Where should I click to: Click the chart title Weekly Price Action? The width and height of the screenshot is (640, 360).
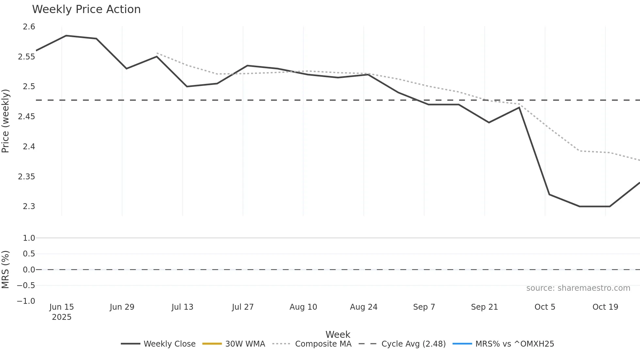pos(86,9)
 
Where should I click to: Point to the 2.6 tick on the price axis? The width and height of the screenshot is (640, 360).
pos(29,27)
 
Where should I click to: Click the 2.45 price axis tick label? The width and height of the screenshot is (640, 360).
pos(26,117)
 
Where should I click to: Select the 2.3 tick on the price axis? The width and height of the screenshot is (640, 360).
pos(29,206)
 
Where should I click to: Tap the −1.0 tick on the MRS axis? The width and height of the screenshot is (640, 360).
pos(26,301)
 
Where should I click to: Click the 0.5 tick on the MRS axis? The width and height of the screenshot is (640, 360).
pos(29,254)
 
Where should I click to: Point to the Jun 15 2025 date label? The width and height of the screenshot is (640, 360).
pos(62,312)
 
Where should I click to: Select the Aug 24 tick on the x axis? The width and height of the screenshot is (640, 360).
pos(363,307)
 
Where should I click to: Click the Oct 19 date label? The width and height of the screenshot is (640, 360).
pos(605,307)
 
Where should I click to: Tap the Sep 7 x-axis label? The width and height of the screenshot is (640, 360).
pos(424,307)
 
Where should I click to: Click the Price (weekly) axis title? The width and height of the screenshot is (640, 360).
pos(6,121)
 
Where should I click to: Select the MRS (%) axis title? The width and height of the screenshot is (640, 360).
pos(6,270)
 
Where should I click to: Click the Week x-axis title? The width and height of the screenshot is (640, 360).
pos(338,335)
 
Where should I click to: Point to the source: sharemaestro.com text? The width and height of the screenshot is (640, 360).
pos(578,288)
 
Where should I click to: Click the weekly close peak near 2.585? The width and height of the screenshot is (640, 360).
pos(66,36)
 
